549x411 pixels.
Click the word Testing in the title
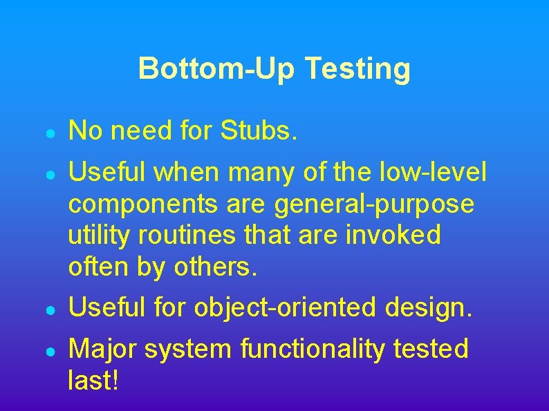[x=357, y=69]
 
